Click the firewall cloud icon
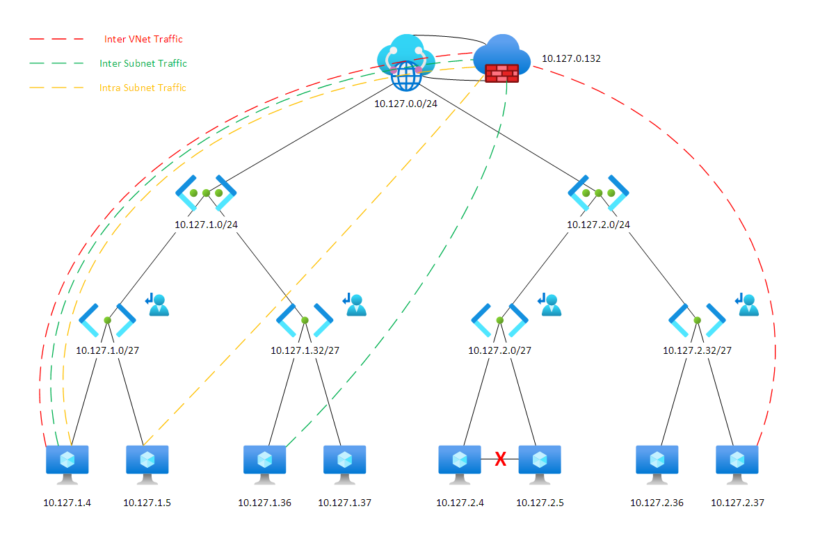[501, 59]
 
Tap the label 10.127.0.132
[570, 58]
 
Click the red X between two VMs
[499, 459]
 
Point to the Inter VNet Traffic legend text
[143, 40]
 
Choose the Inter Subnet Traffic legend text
[143, 63]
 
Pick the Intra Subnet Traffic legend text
[143, 88]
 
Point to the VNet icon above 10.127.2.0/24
[599, 193]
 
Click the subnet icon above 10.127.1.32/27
[305, 320]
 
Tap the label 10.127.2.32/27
[697, 350]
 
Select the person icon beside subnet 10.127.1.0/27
[159, 305]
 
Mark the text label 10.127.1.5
[147, 503]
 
